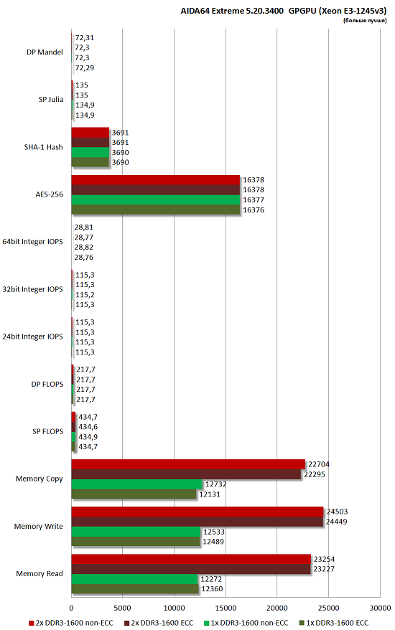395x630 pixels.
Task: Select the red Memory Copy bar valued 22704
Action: coord(188,464)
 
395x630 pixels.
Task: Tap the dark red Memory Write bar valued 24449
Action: coord(197,522)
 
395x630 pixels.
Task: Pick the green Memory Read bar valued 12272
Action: coord(134,578)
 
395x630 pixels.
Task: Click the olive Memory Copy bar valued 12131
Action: coord(134,494)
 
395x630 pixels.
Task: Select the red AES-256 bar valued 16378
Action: coord(155,179)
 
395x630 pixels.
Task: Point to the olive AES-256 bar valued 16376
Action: coord(155,210)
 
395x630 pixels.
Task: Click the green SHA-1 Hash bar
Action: coord(90,152)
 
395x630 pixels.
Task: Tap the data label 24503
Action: coord(338,512)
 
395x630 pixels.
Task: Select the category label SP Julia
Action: coord(50,100)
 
